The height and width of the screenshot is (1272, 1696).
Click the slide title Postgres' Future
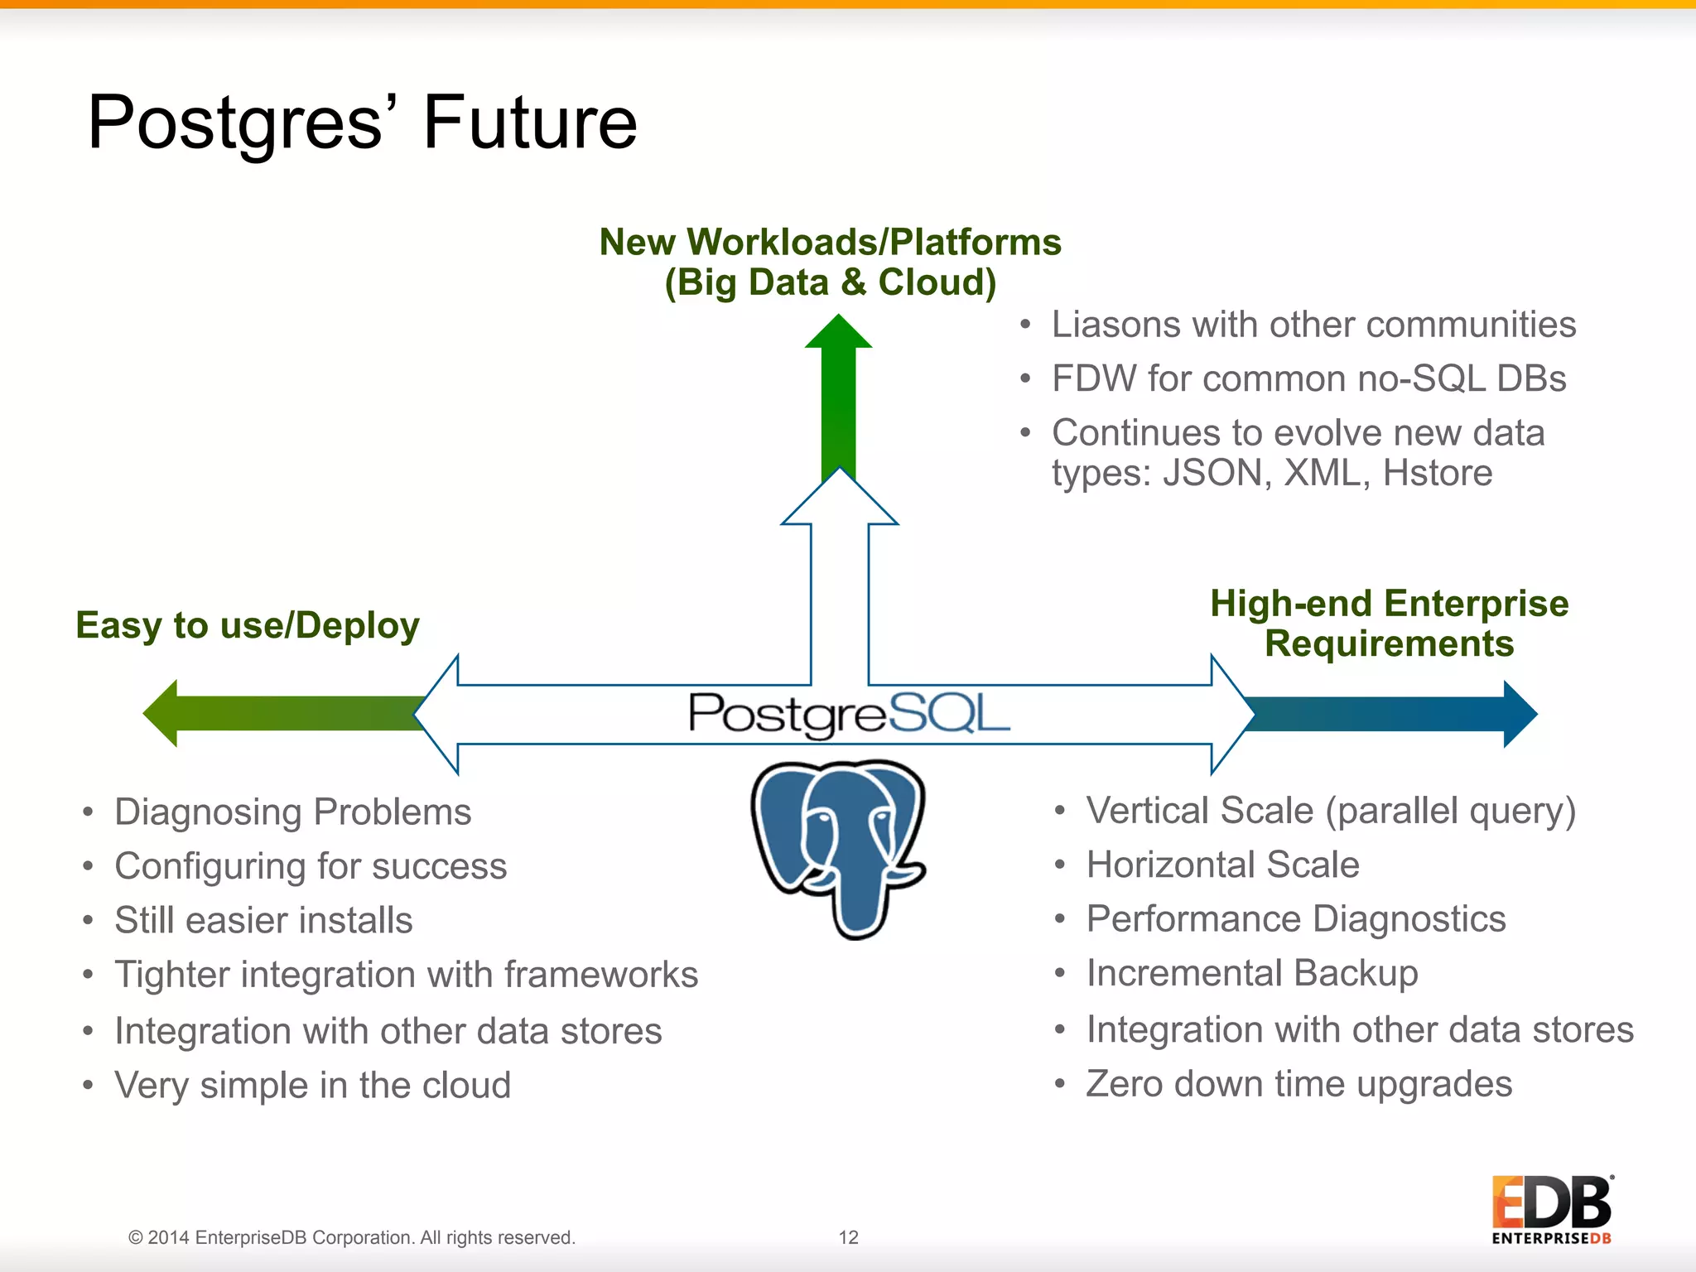click(362, 123)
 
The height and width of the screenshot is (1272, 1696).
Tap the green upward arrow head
click(838, 333)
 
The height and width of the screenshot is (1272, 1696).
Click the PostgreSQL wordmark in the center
click(849, 715)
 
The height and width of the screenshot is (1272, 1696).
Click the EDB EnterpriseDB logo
click(1551, 1209)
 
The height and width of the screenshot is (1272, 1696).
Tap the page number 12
click(848, 1237)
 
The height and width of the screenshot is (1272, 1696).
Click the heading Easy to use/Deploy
click(247, 625)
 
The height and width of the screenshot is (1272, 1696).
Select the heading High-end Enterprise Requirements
click(1389, 624)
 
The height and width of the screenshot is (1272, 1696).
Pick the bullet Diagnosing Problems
click(292, 812)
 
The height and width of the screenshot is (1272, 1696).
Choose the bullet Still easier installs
click(263, 920)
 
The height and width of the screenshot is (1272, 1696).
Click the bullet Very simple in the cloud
click(312, 1085)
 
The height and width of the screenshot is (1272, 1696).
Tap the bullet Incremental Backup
click(1251, 973)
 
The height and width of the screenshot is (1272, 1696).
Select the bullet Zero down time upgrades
click(1298, 1084)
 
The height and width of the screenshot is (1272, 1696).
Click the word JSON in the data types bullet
click(1215, 473)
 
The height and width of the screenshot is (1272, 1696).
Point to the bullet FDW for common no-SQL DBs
click(1308, 378)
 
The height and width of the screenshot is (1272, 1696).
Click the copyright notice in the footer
click(351, 1237)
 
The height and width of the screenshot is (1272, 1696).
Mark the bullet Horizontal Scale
click(1222, 865)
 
